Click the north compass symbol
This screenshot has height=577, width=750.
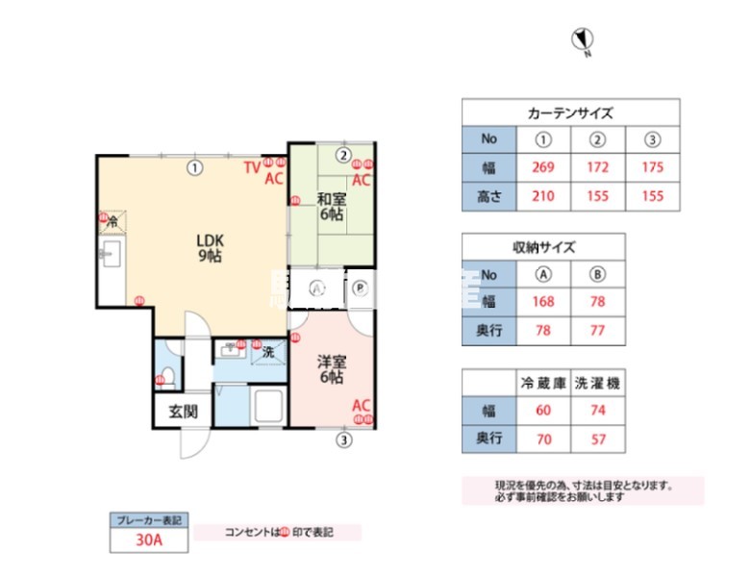point(582,40)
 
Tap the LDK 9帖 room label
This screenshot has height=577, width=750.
point(211,247)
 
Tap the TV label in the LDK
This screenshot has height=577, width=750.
point(251,167)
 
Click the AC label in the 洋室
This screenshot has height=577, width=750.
point(361,405)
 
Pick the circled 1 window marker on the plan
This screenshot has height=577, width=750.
point(194,166)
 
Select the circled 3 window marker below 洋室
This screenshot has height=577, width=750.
point(342,441)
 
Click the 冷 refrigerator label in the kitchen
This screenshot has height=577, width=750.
point(112,222)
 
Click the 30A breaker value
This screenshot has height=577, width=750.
point(148,540)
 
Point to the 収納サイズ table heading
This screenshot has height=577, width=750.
point(543,246)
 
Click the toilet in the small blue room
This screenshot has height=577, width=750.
point(166,374)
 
